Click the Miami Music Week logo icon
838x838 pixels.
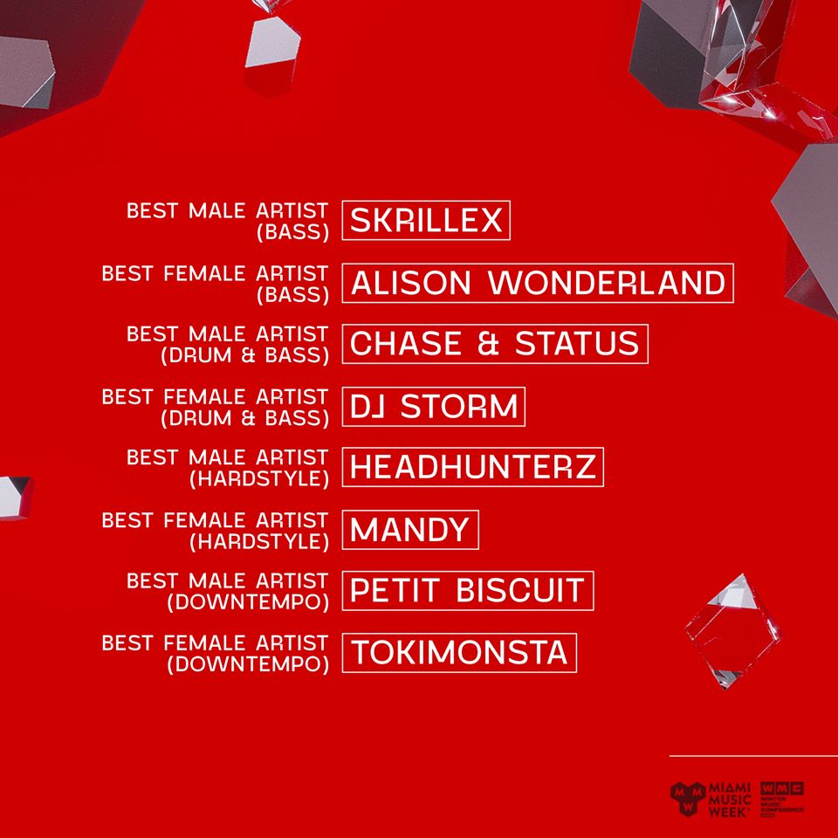click(x=688, y=799)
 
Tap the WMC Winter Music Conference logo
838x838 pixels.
click(x=782, y=800)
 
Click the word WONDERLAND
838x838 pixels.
click(x=608, y=283)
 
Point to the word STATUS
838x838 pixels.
click(x=577, y=344)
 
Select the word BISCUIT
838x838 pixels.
click(x=520, y=591)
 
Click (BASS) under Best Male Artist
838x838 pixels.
click(x=293, y=232)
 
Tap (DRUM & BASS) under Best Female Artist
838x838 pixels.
click(x=244, y=418)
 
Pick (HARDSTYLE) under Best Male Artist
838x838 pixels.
click(x=259, y=479)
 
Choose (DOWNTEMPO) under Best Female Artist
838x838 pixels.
click(x=248, y=664)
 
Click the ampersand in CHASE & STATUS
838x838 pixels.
click(x=488, y=344)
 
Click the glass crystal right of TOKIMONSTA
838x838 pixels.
click(x=732, y=630)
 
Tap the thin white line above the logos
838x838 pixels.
click(x=753, y=756)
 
